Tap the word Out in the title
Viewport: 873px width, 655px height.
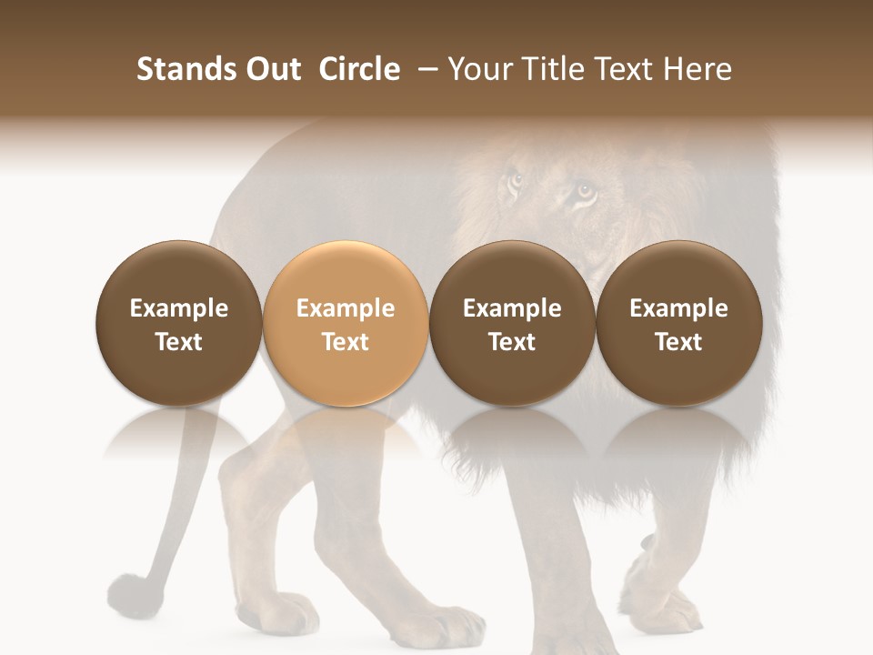click(270, 69)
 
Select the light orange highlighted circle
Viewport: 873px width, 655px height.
click(346, 323)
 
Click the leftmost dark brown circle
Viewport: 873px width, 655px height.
click(178, 323)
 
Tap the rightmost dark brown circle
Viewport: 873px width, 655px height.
click(679, 323)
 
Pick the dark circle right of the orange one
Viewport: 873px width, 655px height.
click(512, 323)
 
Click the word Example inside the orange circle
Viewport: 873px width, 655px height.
click(346, 308)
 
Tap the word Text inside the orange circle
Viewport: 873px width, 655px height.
click(346, 342)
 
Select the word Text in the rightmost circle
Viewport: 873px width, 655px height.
click(679, 342)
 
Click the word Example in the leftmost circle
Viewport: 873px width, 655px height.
click(178, 308)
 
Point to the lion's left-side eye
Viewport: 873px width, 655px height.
click(517, 180)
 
